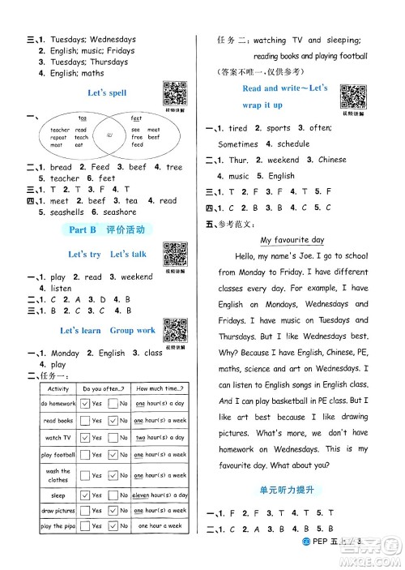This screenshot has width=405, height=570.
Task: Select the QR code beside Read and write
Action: point(350,95)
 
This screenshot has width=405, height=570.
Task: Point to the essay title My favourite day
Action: point(292,240)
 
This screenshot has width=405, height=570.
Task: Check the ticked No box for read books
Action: point(113,421)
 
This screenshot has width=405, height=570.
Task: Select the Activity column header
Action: point(58,388)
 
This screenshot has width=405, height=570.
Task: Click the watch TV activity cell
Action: point(58,438)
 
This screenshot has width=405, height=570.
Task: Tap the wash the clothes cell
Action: point(58,475)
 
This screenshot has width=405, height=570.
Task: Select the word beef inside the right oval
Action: point(153,137)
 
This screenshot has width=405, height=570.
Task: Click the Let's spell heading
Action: point(107,93)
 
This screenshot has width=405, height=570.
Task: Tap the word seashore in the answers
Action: point(117,212)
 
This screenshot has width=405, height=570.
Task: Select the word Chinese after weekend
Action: point(332,160)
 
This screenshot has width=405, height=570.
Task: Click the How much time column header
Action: point(160,388)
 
